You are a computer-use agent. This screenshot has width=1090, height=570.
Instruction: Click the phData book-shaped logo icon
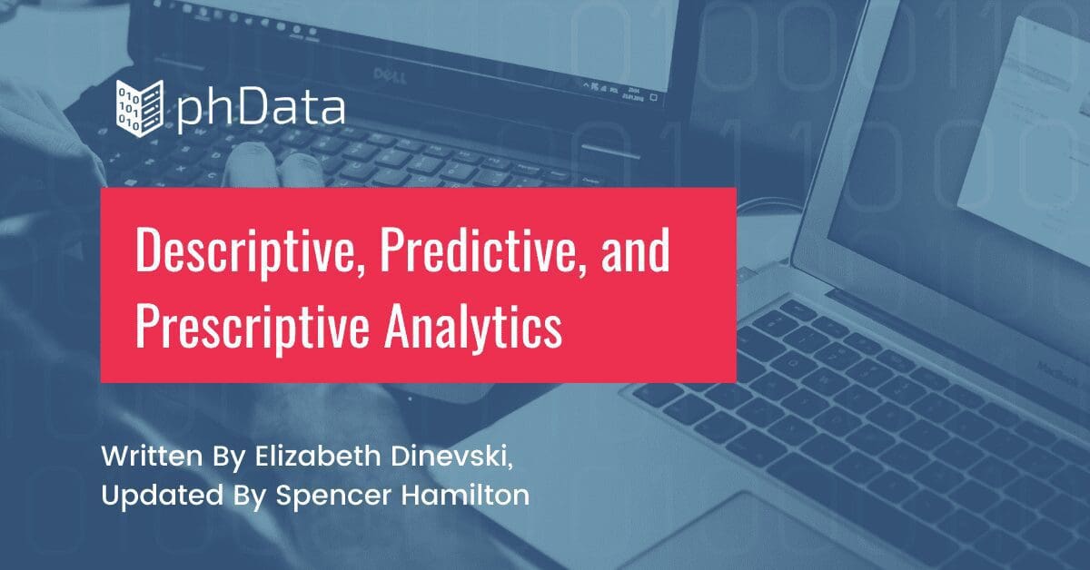[x=140, y=108]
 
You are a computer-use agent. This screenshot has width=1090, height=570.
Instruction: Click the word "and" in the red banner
[x=635, y=251]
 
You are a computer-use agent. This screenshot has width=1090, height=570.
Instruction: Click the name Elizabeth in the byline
[x=318, y=457]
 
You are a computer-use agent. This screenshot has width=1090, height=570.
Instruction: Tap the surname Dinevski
[x=449, y=457]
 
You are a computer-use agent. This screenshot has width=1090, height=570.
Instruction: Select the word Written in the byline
[x=152, y=457]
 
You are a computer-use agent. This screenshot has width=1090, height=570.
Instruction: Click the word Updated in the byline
[x=163, y=496]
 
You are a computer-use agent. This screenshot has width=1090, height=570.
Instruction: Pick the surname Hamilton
[x=466, y=495]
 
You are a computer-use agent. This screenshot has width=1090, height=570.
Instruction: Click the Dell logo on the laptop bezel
[x=390, y=75]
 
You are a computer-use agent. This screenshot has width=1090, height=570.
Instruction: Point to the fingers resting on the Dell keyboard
[x=273, y=164]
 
